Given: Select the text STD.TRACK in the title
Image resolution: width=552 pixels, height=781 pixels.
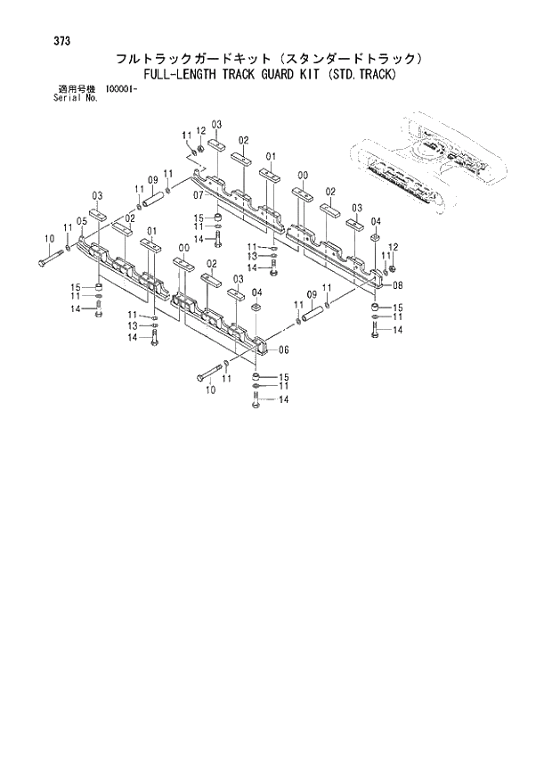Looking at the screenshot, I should tap(361, 75).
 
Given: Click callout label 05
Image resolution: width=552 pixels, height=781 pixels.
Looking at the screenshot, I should tap(81, 221).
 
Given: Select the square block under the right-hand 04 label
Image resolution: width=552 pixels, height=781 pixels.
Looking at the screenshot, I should tap(377, 238).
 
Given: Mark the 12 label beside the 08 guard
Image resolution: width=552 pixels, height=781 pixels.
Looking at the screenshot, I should tap(393, 247).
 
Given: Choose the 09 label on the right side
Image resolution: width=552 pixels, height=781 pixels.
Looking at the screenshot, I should tap(312, 295).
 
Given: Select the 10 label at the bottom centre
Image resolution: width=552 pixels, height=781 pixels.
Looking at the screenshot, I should tap(210, 390).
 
